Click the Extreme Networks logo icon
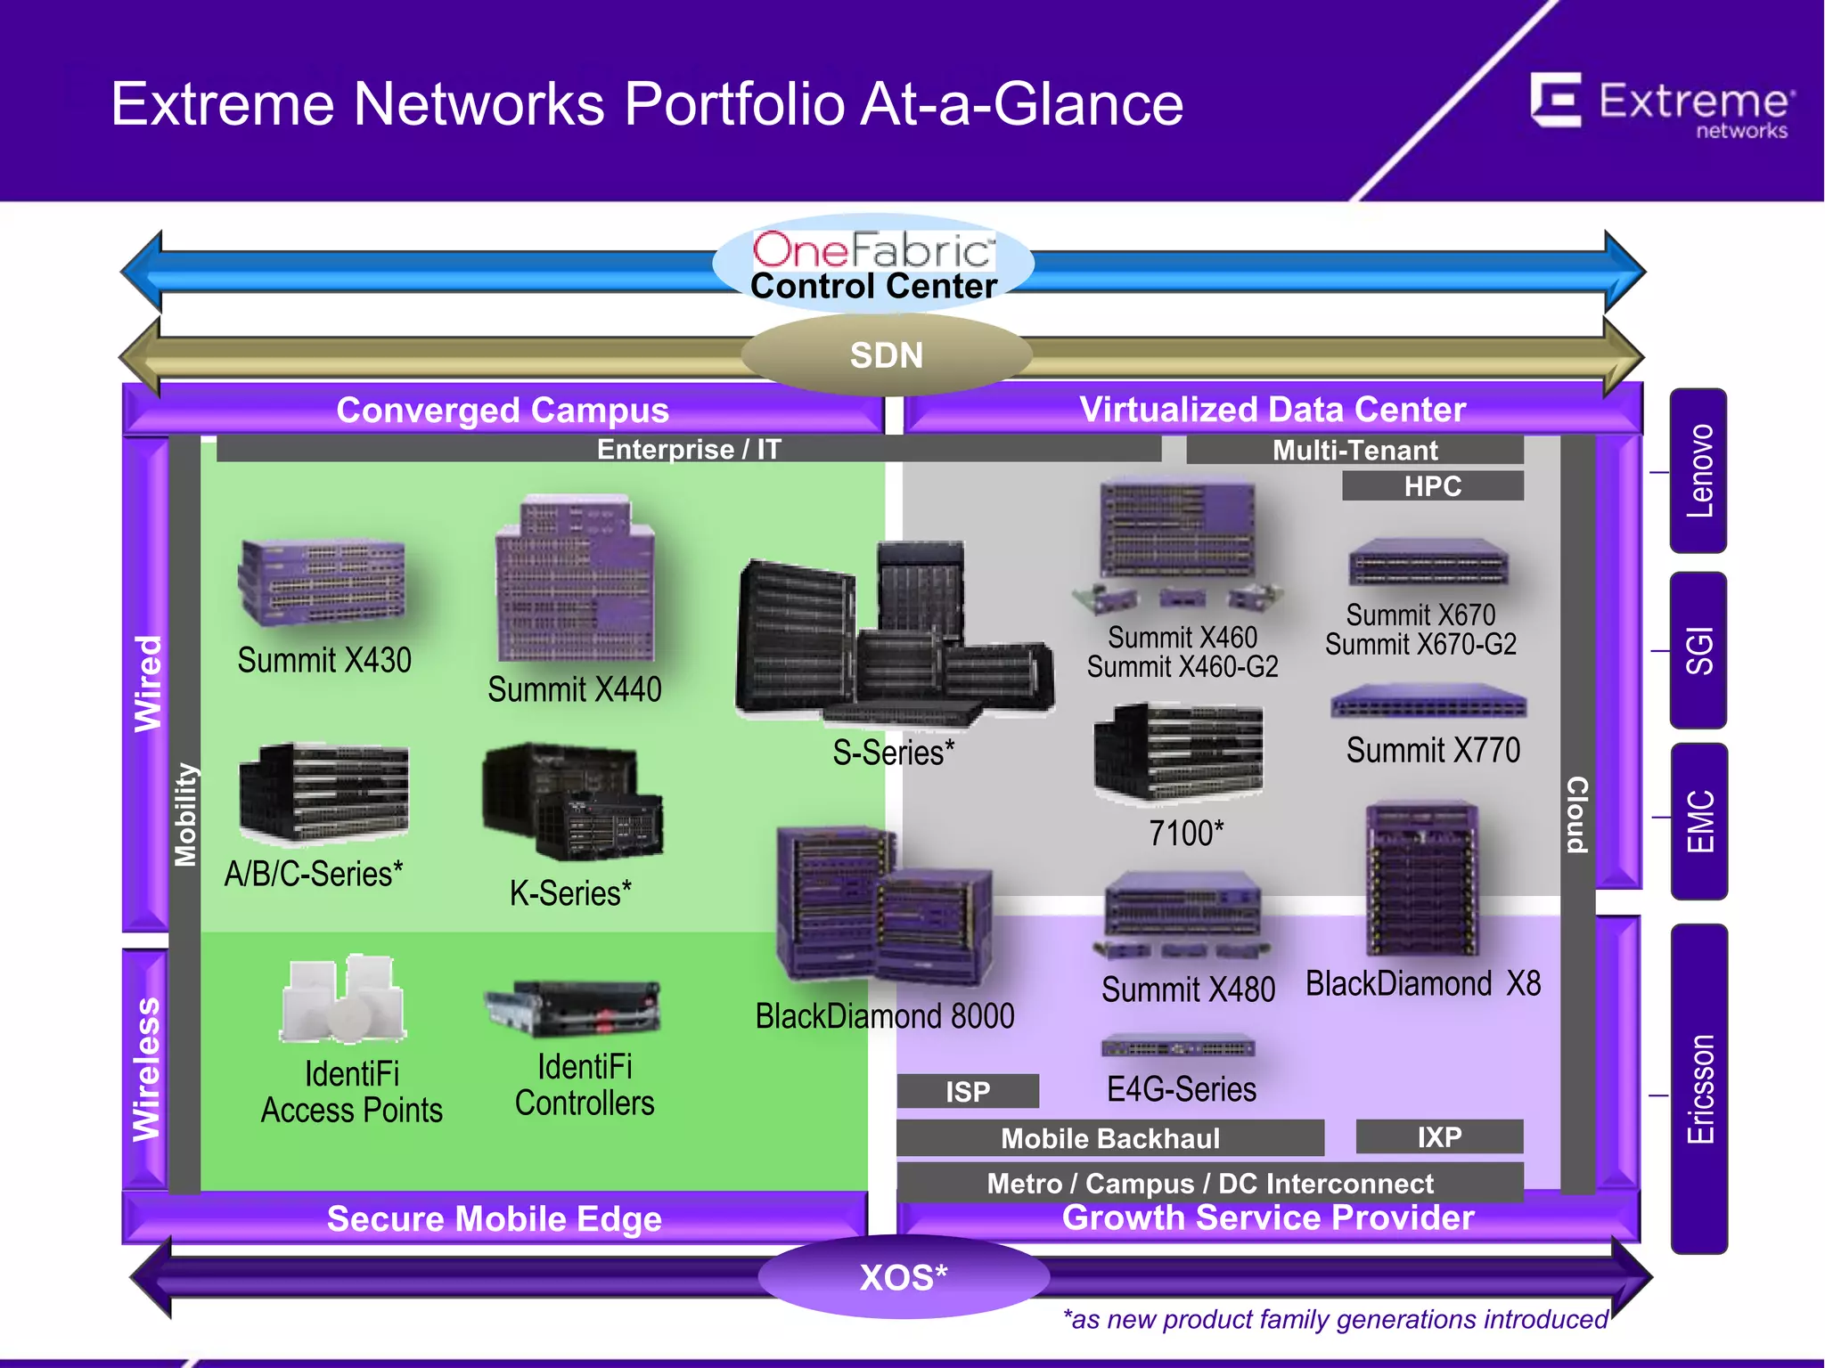[x=1556, y=100]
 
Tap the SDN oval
[x=886, y=355]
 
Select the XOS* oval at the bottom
[x=903, y=1277]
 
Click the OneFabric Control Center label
[x=873, y=265]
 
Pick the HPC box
[x=1432, y=486]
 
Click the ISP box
[x=968, y=1091]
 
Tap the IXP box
[x=1438, y=1136]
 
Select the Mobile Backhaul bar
[x=1109, y=1138]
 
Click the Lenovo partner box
[x=1698, y=470]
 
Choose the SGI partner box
[x=1698, y=650]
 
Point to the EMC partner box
[x=1698, y=820]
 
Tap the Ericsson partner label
[x=1698, y=1088]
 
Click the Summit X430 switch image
[x=322, y=582]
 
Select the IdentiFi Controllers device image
[x=573, y=1008]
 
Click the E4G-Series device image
[x=1178, y=1047]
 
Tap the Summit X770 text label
[x=1432, y=750]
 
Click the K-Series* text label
[x=570, y=892]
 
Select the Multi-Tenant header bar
[x=1354, y=450]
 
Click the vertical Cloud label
[x=1577, y=814]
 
